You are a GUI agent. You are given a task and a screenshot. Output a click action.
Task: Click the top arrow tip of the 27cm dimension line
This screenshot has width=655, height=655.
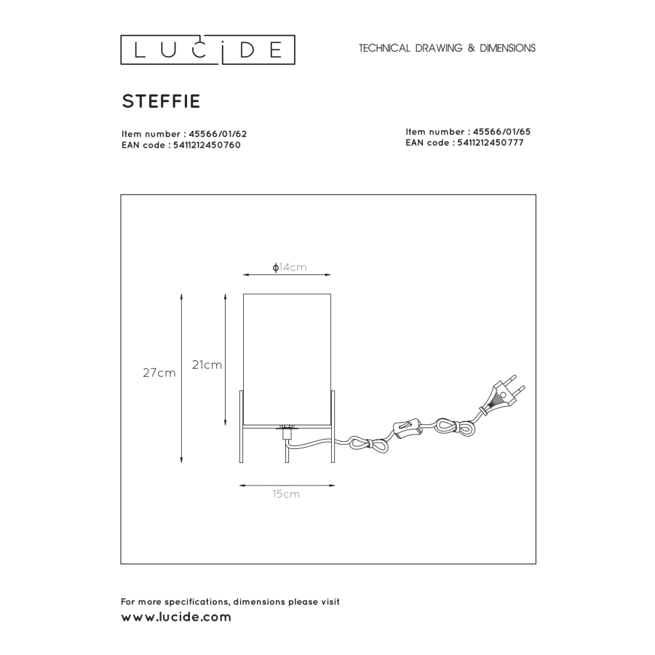(x=181, y=293)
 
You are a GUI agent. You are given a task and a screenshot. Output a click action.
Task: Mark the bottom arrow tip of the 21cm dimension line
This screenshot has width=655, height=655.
(x=226, y=425)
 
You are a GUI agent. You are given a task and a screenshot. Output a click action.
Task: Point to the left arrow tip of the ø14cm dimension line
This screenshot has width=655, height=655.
(x=243, y=275)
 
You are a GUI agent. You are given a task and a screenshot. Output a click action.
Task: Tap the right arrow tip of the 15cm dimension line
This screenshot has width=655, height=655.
(x=335, y=485)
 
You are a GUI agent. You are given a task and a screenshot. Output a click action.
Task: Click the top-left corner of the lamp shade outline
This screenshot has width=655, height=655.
(x=244, y=294)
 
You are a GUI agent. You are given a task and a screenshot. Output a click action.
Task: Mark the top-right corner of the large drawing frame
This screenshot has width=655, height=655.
(x=536, y=194)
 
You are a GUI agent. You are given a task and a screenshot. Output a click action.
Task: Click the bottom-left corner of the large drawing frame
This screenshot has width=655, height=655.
(x=121, y=563)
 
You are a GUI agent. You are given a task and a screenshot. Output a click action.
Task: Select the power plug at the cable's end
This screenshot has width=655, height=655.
(x=503, y=394)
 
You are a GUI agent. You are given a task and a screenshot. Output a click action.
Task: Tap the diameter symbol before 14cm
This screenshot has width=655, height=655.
(x=275, y=267)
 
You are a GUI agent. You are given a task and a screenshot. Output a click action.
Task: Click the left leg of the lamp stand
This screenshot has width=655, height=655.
(x=241, y=426)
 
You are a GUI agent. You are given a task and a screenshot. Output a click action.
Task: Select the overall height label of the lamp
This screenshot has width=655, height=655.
(x=159, y=373)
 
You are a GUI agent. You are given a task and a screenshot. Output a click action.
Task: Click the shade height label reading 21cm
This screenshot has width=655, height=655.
(x=207, y=365)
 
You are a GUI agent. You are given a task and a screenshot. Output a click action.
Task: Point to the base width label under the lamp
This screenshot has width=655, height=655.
(x=286, y=494)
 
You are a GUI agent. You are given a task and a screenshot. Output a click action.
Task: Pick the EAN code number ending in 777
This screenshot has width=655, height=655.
(x=491, y=143)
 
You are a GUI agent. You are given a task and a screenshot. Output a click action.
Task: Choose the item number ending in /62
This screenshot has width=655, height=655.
(x=218, y=134)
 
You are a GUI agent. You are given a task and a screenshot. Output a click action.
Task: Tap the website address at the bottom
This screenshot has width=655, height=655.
(x=176, y=617)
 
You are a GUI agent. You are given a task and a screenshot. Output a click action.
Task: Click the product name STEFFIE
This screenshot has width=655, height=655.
(x=161, y=101)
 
